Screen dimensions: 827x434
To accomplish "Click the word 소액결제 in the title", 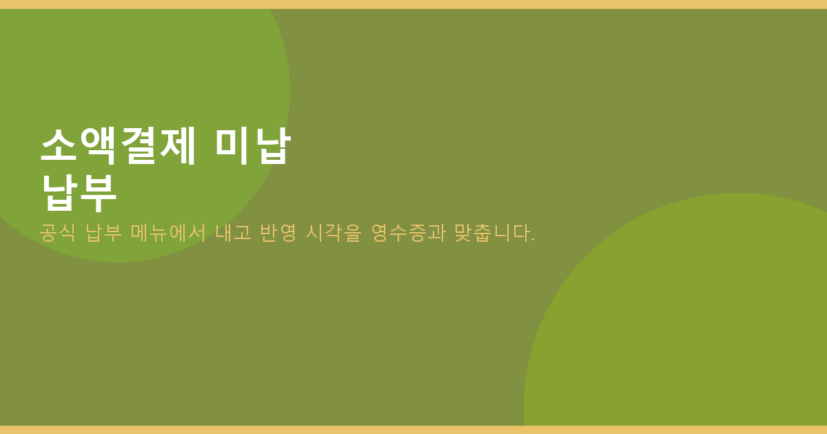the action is pos(118,146).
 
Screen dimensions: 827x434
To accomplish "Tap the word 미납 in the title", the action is pos(254,146).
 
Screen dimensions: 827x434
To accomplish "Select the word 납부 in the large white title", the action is pos(79,193).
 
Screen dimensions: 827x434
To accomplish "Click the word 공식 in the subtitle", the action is pos(58,233).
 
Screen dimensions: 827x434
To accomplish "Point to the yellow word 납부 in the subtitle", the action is pos(104,233).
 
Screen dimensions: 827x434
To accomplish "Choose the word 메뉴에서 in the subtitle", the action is pos(168,233).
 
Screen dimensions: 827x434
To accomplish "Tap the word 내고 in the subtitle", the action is pos(234,233).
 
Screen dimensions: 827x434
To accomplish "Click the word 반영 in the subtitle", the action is pos(278,233).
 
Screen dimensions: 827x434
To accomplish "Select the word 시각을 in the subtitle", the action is pos(334,233).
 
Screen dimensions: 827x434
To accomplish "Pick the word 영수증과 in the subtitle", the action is pos(408,233).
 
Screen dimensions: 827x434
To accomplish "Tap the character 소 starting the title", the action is pos(59,146).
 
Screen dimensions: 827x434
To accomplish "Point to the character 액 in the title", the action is pos(98,146).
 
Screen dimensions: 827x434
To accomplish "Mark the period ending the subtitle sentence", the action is pos(533,240).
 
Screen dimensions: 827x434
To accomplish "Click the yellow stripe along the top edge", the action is pos(413,4).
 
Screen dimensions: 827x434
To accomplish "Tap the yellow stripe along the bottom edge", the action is pos(413,430).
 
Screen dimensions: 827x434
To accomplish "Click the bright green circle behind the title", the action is pos(147,74).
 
